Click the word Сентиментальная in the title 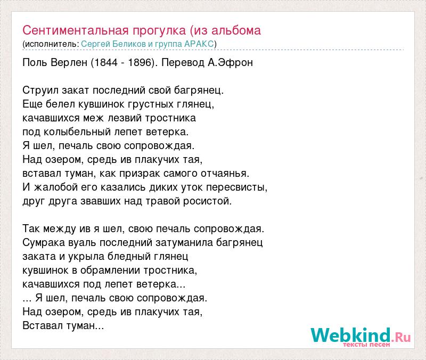tap(75, 30)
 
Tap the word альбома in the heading tap(236, 30)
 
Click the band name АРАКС tap(199, 44)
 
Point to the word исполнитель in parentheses tap(51, 44)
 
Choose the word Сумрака tap(44, 243)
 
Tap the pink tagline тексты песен tap(366, 345)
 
